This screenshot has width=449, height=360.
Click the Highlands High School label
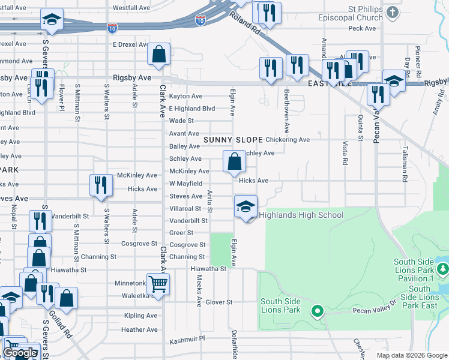point(301,215)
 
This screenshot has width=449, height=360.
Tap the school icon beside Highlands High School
point(245,207)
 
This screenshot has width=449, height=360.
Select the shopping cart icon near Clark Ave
point(158,284)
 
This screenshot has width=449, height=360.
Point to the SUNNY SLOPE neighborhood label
point(234,139)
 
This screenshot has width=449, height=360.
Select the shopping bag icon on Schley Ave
point(234,161)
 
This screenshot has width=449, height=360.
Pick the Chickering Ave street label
point(288,140)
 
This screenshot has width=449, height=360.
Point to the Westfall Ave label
point(131,8)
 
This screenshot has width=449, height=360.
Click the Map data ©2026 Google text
point(412,355)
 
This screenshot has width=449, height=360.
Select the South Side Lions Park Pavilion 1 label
point(422,270)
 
